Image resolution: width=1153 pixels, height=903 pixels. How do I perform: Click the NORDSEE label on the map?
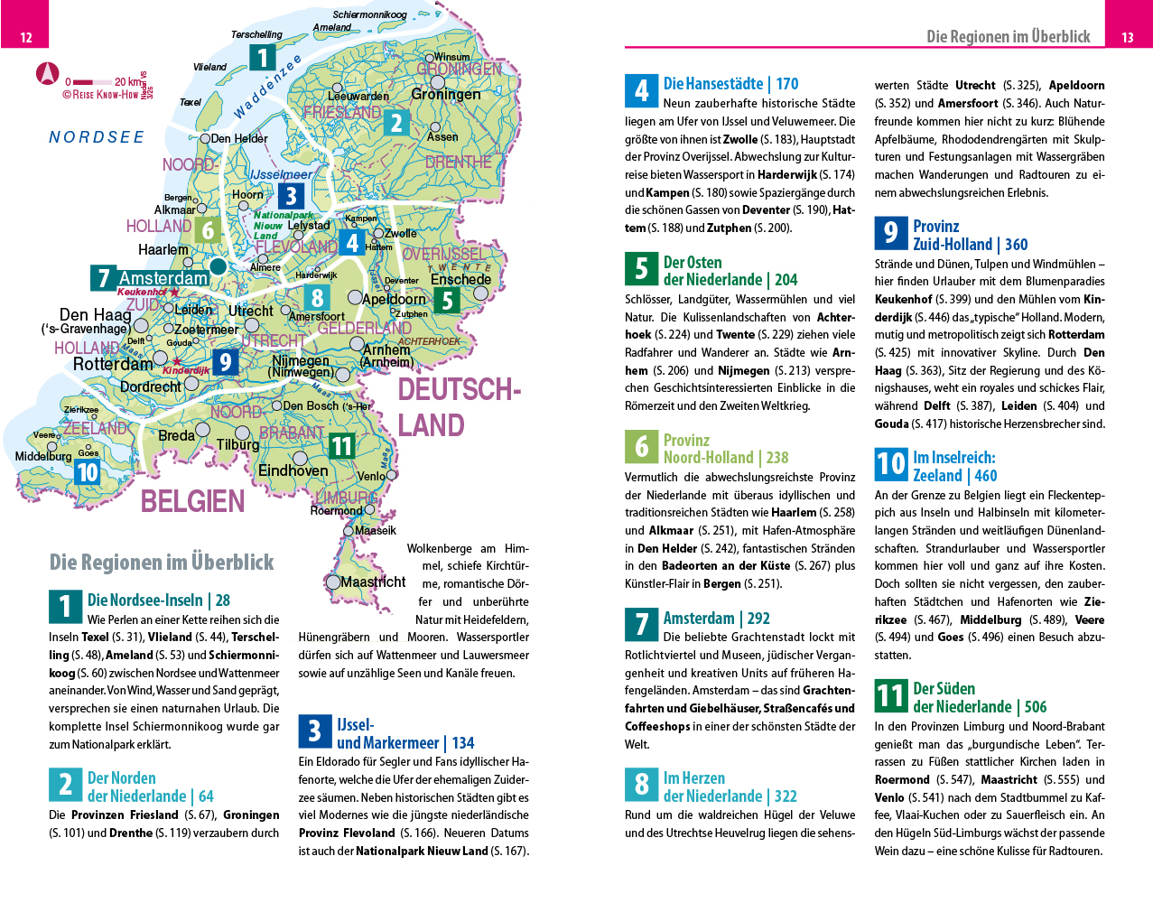click(97, 137)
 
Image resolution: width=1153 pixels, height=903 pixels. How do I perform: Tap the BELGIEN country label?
click(192, 501)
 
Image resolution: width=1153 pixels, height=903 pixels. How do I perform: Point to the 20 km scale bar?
click(94, 82)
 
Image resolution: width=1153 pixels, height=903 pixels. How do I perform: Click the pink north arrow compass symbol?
click(47, 74)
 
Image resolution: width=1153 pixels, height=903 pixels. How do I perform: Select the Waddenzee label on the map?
click(267, 88)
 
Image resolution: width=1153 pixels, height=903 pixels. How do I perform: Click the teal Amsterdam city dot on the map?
click(219, 266)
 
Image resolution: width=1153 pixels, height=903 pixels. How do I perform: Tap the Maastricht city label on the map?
click(373, 582)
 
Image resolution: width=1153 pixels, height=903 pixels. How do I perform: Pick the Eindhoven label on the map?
click(293, 470)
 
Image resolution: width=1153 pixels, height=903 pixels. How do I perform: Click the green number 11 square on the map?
click(341, 446)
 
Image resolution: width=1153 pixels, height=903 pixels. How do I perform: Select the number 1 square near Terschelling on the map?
click(263, 58)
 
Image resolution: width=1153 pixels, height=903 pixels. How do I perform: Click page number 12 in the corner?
click(26, 37)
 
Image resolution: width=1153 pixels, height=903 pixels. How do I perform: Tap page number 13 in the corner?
click(1128, 37)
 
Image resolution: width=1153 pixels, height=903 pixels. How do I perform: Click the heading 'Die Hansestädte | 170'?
click(730, 84)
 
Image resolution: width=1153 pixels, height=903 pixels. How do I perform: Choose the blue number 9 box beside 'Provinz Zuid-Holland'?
click(890, 234)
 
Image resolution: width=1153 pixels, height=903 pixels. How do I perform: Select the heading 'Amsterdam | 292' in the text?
click(716, 619)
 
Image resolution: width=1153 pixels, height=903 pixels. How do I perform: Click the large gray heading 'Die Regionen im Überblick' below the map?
click(162, 563)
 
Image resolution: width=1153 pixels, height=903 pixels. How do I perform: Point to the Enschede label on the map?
click(460, 279)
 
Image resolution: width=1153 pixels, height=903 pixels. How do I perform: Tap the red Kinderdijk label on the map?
click(186, 370)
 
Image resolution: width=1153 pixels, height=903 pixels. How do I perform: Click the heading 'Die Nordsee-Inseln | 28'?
click(158, 600)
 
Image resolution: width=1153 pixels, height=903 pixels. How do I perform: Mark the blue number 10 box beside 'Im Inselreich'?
click(890, 465)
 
